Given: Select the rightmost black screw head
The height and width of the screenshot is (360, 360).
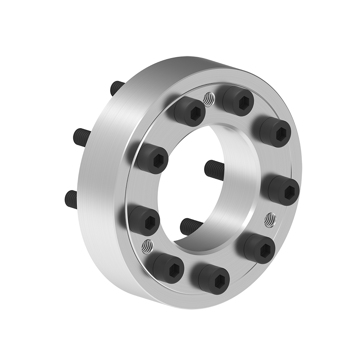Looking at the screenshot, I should (284, 190).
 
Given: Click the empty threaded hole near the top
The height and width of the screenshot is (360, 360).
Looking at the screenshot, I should (208, 98).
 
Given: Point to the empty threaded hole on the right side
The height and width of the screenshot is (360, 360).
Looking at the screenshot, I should (270, 219).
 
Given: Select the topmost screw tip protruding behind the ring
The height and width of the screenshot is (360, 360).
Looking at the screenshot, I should (117, 87).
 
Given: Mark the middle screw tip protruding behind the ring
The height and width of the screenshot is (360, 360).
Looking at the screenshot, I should (82, 137).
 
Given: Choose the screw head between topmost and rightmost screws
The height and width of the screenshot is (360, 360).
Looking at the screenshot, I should (275, 132).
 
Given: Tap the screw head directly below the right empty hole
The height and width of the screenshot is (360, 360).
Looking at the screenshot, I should (260, 248).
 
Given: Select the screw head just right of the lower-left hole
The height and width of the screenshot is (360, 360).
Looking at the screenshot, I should (168, 268).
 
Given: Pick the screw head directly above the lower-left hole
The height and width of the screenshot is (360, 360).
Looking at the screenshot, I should (144, 221).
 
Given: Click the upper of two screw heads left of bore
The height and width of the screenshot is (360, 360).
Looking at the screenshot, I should (153, 159).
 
